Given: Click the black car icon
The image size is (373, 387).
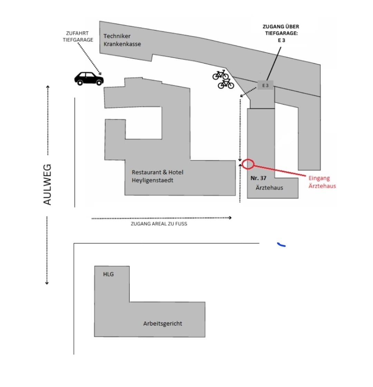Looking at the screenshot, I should (x=89, y=78).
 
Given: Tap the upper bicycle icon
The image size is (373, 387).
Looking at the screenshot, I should (x=220, y=74).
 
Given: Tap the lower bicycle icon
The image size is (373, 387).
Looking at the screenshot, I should (x=226, y=84).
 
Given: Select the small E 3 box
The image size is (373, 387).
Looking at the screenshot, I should (x=265, y=85).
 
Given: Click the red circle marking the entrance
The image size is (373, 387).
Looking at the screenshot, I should (x=248, y=164).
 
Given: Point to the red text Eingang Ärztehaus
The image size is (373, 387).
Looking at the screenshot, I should (x=322, y=182).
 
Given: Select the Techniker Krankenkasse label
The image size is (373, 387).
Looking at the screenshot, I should (x=122, y=40).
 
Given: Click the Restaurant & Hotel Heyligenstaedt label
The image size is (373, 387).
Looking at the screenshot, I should (x=157, y=176).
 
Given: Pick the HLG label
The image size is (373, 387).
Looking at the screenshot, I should (x=108, y=274).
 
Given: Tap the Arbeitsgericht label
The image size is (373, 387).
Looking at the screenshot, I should (x=163, y=323).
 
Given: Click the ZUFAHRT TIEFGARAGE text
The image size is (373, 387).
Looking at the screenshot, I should (x=78, y=36).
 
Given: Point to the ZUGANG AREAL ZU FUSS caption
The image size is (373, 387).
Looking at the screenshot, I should (x=159, y=224).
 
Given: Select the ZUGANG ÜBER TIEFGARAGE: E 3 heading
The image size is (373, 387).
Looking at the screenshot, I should (x=281, y=33).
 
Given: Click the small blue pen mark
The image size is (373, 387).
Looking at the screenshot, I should (x=281, y=245).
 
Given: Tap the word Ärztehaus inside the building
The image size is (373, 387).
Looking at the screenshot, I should (x=269, y=188).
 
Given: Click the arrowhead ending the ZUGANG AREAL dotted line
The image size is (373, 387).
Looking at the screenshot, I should (x=230, y=218).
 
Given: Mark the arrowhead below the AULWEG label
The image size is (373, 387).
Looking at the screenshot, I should (x=47, y=283).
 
